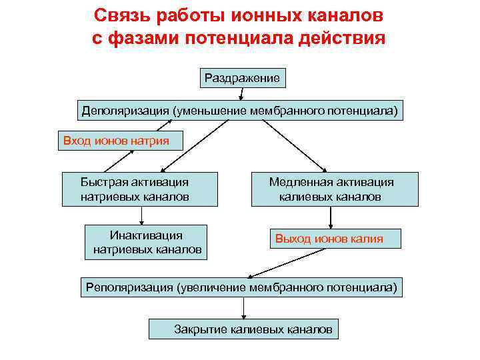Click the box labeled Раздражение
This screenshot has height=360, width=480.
click(242, 78)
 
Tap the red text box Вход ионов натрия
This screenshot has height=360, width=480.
click(116, 141)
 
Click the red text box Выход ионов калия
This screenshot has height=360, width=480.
click(335, 239)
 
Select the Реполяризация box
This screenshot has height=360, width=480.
click(241, 287)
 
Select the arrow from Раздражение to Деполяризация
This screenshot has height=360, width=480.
click(240, 95)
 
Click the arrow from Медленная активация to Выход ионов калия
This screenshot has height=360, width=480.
click(331, 217)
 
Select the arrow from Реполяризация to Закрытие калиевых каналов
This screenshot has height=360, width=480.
click(245, 307)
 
